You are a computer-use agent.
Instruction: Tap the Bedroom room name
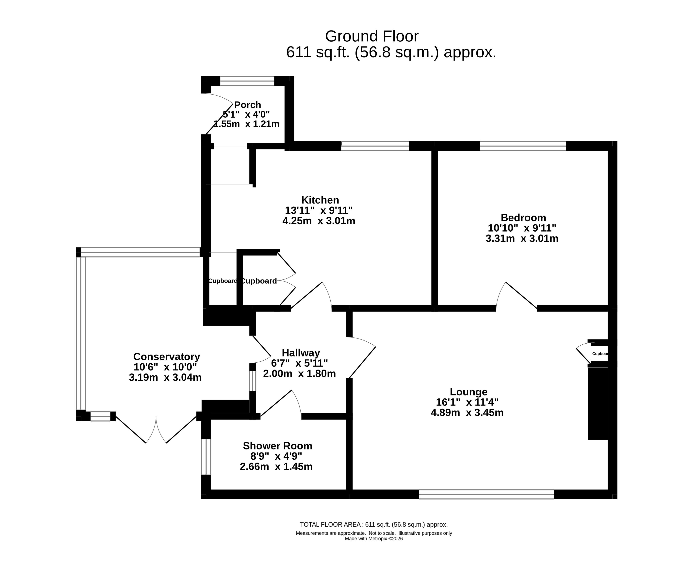point(523,218)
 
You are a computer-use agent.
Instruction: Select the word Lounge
point(469,392)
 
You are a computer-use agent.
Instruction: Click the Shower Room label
point(277,446)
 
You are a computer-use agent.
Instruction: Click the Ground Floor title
point(372,36)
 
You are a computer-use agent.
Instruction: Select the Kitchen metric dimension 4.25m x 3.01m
point(319,221)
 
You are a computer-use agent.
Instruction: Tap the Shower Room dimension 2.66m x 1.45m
point(276,467)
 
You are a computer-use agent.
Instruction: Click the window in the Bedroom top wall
point(523,146)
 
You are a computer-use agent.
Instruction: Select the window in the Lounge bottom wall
point(487,494)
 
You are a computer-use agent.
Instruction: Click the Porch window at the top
point(247,81)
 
